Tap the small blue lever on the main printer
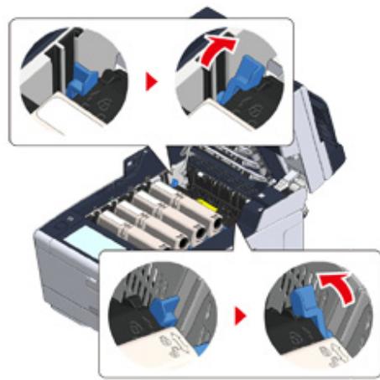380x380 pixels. (x=174, y=178)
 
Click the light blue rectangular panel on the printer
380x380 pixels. (x=79, y=246)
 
